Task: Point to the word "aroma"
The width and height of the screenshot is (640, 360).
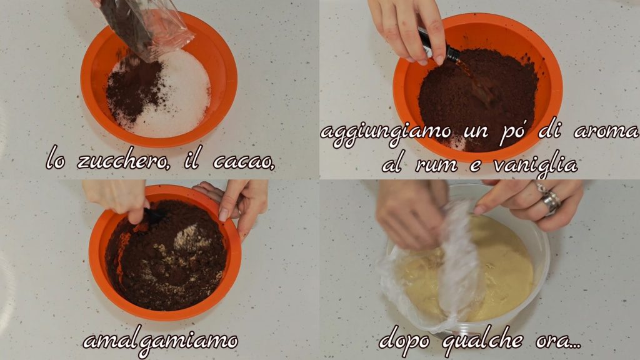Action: coord(606,132)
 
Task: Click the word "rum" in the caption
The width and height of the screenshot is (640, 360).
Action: coord(437,165)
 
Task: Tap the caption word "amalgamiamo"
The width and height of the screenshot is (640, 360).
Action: coord(161,341)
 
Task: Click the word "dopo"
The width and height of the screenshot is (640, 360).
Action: coord(405,341)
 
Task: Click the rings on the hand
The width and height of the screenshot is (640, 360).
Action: coord(549,198)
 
